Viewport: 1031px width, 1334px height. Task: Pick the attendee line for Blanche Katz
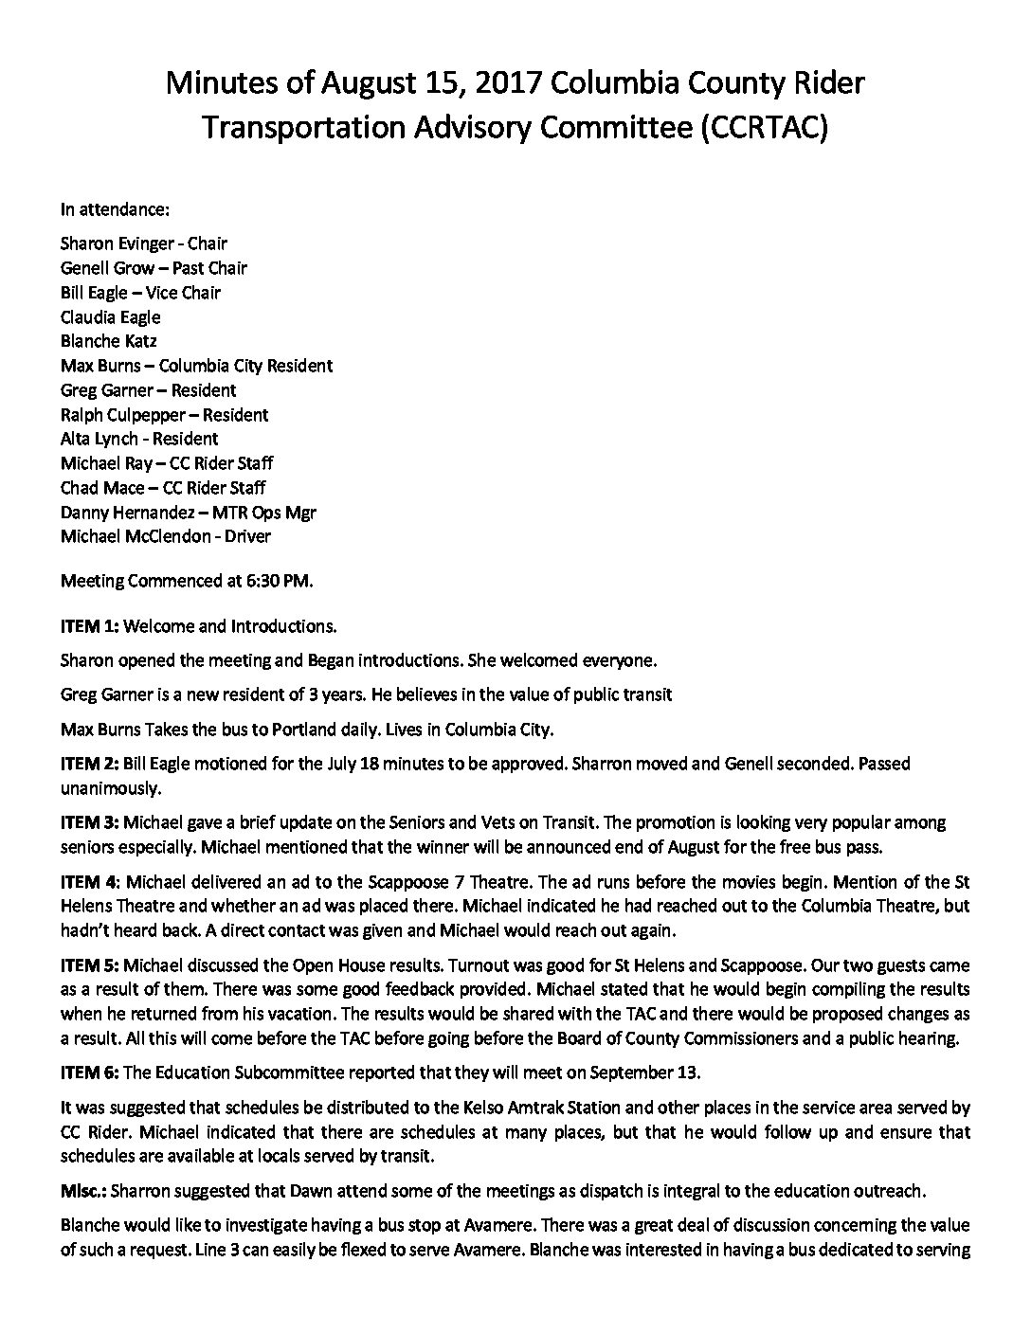(108, 341)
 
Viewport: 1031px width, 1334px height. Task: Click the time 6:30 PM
(280, 581)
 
